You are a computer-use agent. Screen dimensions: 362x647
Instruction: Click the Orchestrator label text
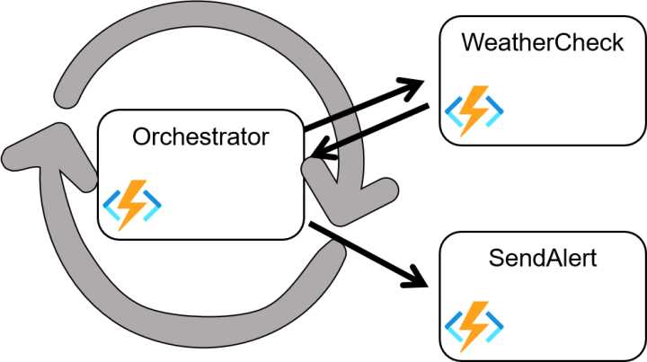pyautogui.click(x=199, y=137)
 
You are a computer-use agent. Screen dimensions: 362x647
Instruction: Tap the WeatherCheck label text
pyautogui.click(x=543, y=42)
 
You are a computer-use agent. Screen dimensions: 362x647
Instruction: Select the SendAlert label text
pyautogui.click(x=543, y=260)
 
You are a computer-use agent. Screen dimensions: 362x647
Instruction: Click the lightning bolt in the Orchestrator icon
pyautogui.click(x=132, y=206)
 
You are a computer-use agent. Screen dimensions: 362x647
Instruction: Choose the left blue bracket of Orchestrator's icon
pyautogui.click(x=111, y=206)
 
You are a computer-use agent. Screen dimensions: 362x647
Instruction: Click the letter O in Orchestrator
pyautogui.click(x=142, y=137)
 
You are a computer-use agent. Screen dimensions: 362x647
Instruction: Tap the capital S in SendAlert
pyautogui.click(x=496, y=260)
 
